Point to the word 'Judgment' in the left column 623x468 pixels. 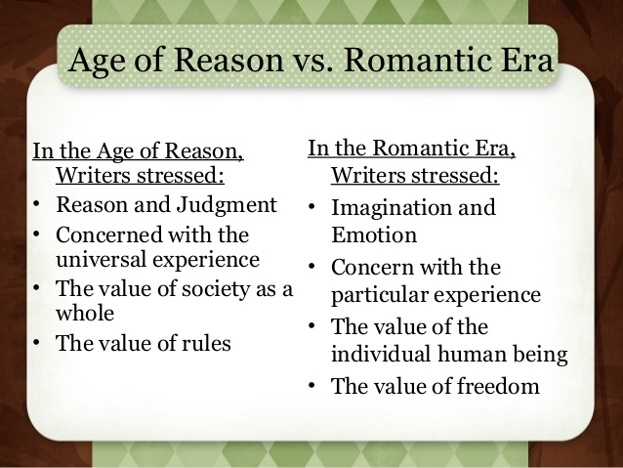(232, 205)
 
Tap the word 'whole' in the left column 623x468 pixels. (85, 314)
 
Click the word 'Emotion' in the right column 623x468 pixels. (374, 235)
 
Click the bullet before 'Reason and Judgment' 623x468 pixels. (37, 206)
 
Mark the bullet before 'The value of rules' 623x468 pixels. (37, 344)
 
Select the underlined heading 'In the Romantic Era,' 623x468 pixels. (412, 150)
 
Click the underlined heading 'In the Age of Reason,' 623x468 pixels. (138, 151)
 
